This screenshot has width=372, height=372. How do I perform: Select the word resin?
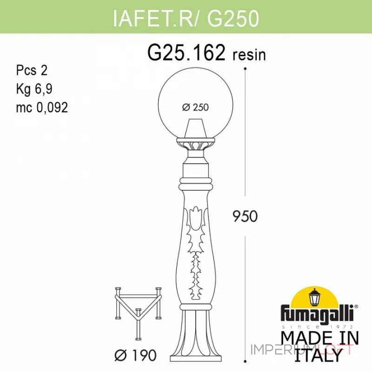pyautogui.click(x=249, y=55)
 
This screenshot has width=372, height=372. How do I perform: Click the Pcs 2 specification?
pyautogui.click(x=32, y=71)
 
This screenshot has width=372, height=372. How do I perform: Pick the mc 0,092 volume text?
pyautogui.click(x=41, y=107)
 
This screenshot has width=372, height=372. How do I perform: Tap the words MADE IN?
pyautogui.click(x=320, y=337)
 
